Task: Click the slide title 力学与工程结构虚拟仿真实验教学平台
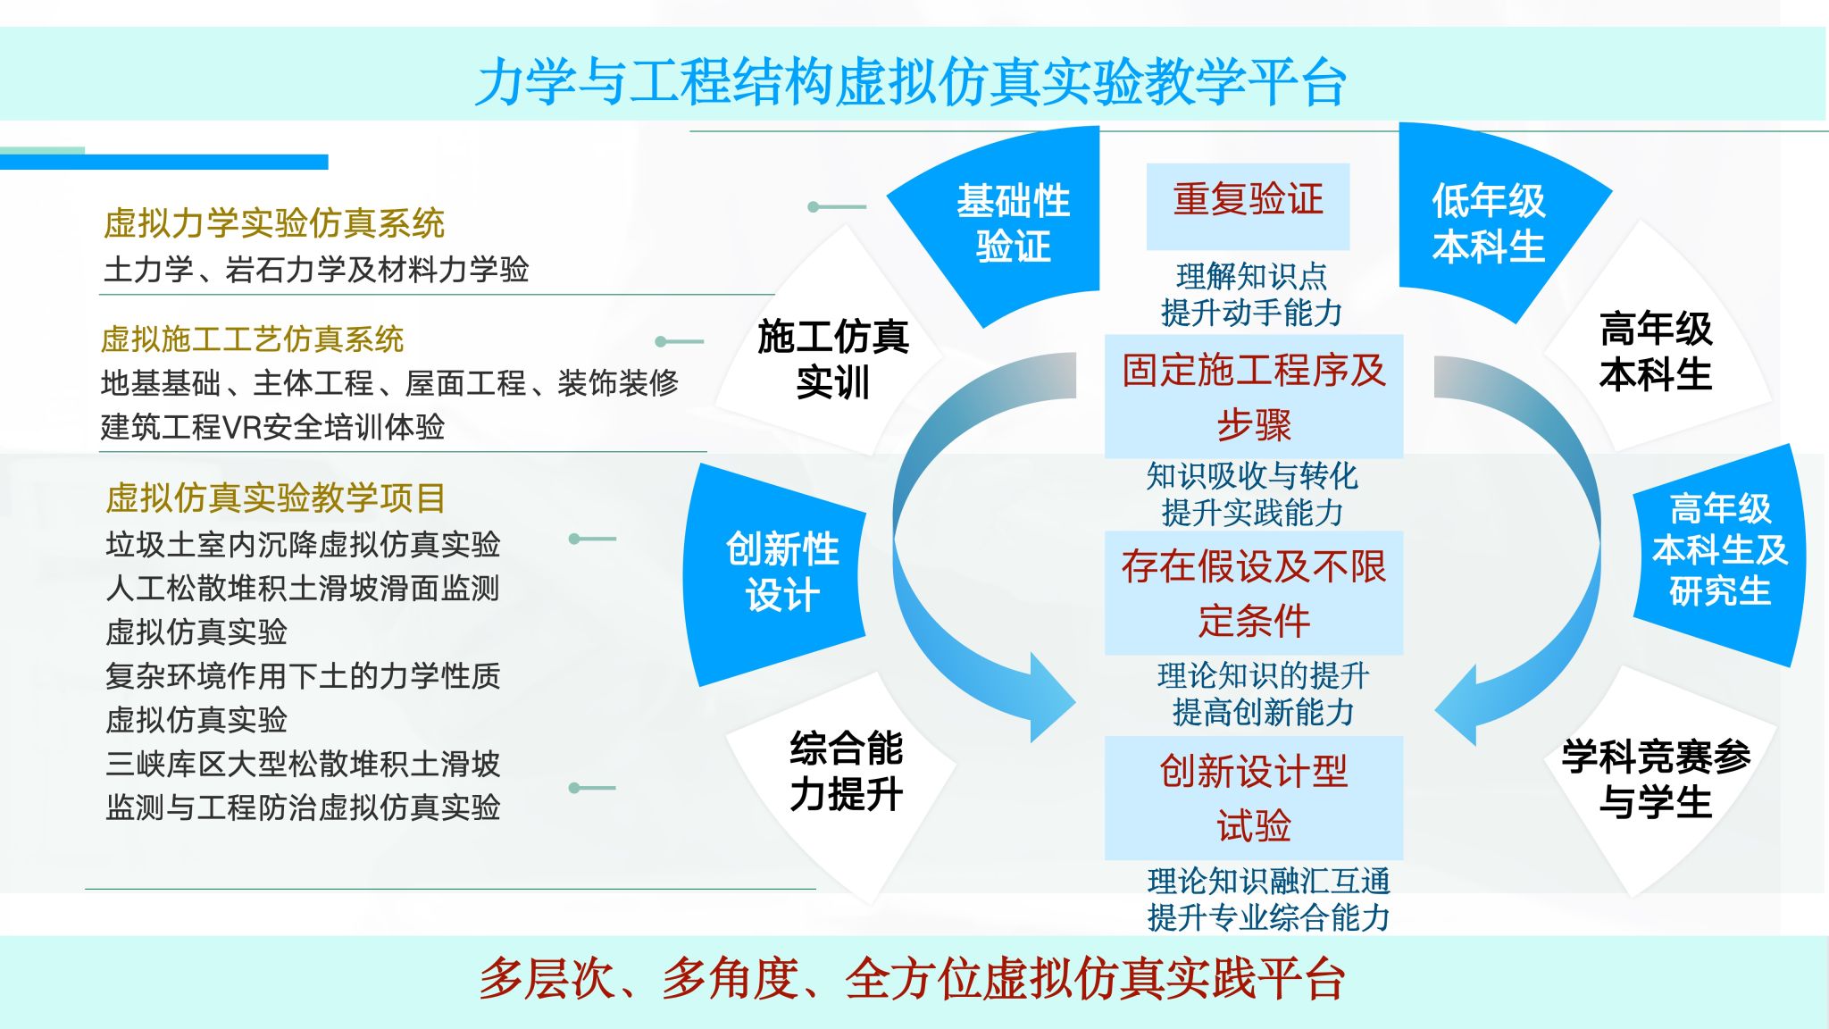[x=910, y=82]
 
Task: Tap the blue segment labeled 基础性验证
[x=1013, y=223]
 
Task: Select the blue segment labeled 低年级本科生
[x=1488, y=223]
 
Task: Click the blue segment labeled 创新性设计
[x=781, y=572]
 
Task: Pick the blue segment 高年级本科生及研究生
[x=1719, y=550]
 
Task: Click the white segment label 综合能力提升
[x=846, y=770]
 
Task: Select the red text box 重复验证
[x=1248, y=199]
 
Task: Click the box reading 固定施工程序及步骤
[x=1253, y=397]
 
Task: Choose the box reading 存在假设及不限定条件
[x=1253, y=593]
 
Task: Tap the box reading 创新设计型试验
[x=1253, y=798]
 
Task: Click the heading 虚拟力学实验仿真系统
[x=273, y=223]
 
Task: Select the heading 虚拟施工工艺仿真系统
[x=252, y=339]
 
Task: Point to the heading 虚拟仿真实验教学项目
[x=275, y=498]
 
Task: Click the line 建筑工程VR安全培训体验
[x=272, y=427]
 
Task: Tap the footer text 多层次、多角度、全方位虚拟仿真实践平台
[x=912, y=979]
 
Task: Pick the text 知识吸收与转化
[x=1252, y=476]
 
